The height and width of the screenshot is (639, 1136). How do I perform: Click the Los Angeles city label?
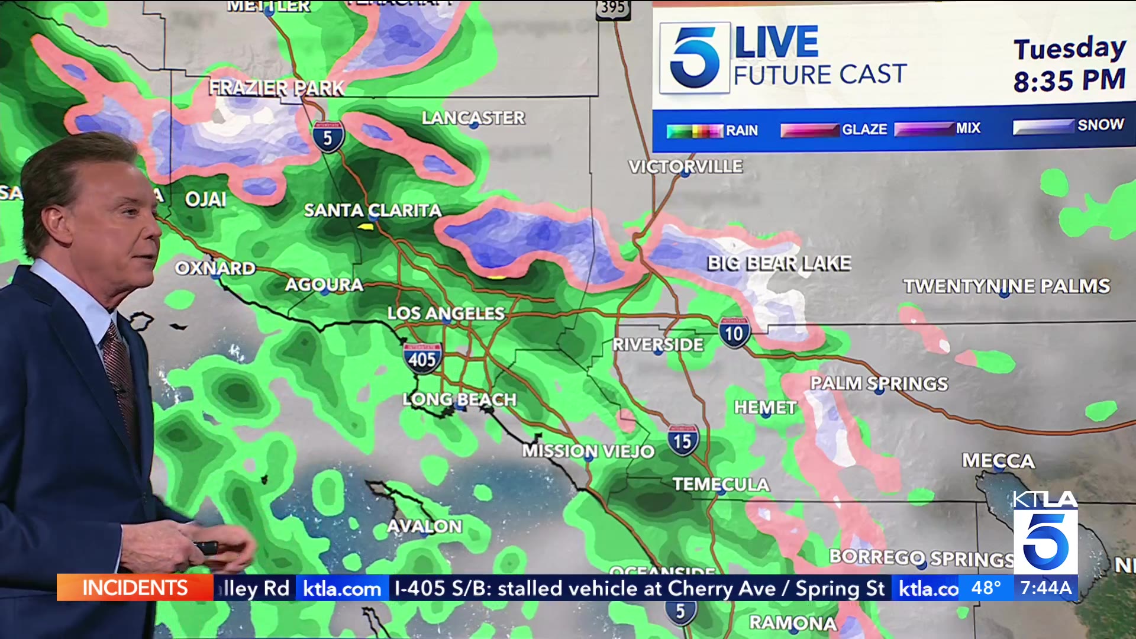pyautogui.click(x=446, y=313)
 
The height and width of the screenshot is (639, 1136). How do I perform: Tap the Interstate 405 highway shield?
pyautogui.click(x=422, y=358)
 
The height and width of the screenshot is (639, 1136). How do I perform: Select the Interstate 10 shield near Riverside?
pyautogui.click(x=734, y=333)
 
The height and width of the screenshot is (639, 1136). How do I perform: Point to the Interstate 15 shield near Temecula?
pyautogui.click(x=682, y=441)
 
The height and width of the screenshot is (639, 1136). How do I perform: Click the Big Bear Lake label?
pyautogui.click(x=779, y=263)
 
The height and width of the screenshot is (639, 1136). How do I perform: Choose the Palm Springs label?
pyautogui.click(x=879, y=383)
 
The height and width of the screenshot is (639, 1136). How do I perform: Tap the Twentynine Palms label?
pyautogui.click(x=1006, y=286)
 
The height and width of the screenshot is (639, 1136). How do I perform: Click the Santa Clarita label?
pyautogui.click(x=372, y=210)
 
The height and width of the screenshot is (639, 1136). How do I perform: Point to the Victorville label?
pyautogui.click(x=685, y=166)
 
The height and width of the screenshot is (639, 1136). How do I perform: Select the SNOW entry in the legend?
pyautogui.click(x=1100, y=125)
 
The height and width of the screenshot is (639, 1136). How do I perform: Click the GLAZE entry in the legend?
pyautogui.click(x=864, y=129)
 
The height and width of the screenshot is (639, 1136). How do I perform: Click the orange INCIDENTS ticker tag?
pyautogui.click(x=135, y=588)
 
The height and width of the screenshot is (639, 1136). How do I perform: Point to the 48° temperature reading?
pyautogui.click(x=986, y=588)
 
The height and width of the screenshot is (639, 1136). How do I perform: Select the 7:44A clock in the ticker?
pyautogui.click(x=1046, y=588)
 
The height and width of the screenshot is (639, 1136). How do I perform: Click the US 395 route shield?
pyautogui.click(x=612, y=8)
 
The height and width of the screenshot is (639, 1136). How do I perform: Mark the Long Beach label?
pyautogui.click(x=459, y=399)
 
